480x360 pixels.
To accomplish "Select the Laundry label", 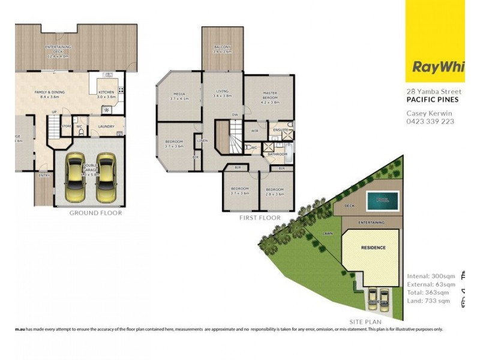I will [x=106, y=127].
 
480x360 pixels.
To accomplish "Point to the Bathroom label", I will [x=278, y=154].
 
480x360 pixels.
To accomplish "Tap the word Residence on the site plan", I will [x=373, y=247].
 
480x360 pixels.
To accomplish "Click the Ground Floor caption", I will [x=95, y=213].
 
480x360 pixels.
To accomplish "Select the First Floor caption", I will [x=260, y=218].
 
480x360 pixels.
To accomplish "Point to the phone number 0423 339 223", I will [x=430, y=121].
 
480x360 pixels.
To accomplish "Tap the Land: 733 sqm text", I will [x=428, y=301].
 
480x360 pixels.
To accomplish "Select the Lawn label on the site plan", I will [x=328, y=233].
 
